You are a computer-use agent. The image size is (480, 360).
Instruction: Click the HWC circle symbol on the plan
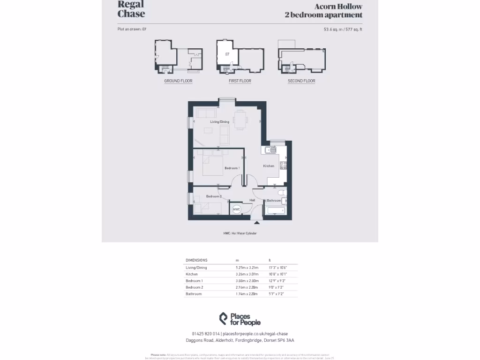236,210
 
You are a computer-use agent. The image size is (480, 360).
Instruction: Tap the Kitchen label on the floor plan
269,166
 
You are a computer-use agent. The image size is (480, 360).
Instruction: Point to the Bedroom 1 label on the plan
232,168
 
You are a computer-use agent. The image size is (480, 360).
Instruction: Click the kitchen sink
270,150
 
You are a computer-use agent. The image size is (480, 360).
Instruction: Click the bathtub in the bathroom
275,210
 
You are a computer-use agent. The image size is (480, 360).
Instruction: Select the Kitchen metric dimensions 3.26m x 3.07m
247,274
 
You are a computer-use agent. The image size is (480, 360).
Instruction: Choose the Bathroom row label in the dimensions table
194,294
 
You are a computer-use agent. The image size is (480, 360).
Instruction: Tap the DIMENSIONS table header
196,260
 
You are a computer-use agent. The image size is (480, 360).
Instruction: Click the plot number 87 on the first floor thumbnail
227,54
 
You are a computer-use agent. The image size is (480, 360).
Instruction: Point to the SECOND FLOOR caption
301,81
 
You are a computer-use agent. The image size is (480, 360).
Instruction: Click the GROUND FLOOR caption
178,81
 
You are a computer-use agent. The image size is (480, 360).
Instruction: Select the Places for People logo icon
223,319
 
